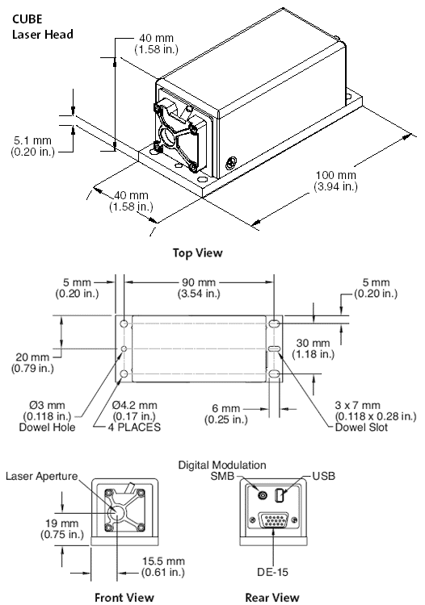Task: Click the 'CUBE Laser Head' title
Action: coord(43,27)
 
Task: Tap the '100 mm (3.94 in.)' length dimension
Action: coord(335,181)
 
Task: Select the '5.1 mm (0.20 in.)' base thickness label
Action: coord(32,146)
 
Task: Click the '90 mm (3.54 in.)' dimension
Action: coord(199,288)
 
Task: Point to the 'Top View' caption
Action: coord(197,253)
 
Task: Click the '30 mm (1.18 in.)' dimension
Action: coord(313,348)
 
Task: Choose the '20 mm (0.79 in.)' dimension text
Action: coord(32,363)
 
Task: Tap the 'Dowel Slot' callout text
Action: coord(361,427)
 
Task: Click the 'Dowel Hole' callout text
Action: coord(47,427)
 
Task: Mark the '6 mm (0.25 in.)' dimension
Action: coord(226,414)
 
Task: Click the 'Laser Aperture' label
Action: coord(42,476)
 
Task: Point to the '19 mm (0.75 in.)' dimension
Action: coord(62,529)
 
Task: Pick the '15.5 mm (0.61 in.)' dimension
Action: coord(163,566)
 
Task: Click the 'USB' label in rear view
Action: coord(324,476)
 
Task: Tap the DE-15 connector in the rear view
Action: coord(273,520)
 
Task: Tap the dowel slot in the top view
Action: coord(274,348)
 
